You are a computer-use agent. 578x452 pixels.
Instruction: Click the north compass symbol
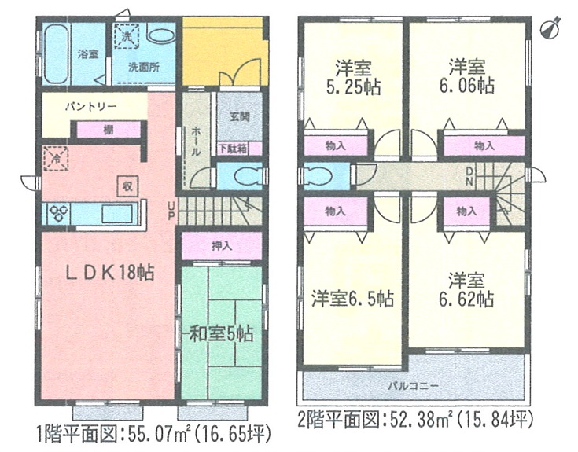pyautogui.click(x=550, y=28)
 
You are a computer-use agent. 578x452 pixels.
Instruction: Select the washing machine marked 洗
pyautogui.click(x=127, y=36)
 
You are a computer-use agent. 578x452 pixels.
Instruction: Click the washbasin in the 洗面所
pyautogui.click(x=160, y=36)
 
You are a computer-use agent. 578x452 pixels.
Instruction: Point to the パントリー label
pyautogui.click(x=91, y=107)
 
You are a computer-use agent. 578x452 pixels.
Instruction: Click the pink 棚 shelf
pyautogui.click(x=109, y=130)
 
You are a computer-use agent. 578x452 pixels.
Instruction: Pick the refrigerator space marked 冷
pyautogui.click(x=56, y=159)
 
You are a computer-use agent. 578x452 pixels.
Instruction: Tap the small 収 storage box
pyautogui.click(x=127, y=186)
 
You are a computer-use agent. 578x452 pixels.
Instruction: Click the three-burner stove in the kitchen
pyautogui.click(x=59, y=213)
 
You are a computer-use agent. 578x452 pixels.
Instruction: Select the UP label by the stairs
pyautogui.click(x=171, y=211)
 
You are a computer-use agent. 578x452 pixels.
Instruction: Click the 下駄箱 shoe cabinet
pyautogui.click(x=234, y=149)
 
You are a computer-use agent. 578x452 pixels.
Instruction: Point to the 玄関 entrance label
pyautogui.click(x=240, y=116)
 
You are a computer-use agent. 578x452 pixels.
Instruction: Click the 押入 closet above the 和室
pyautogui.click(x=222, y=246)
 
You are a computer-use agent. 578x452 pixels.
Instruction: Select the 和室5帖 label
pyautogui.click(x=221, y=334)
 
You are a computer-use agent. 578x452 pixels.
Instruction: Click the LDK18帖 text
pyautogui.click(x=110, y=273)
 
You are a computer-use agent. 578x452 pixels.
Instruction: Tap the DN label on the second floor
pyautogui.click(x=469, y=176)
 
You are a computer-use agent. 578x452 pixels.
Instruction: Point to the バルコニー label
pyautogui.click(x=413, y=386)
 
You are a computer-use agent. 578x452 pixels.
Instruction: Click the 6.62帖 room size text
pyautogui.click(x=466, y=299)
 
